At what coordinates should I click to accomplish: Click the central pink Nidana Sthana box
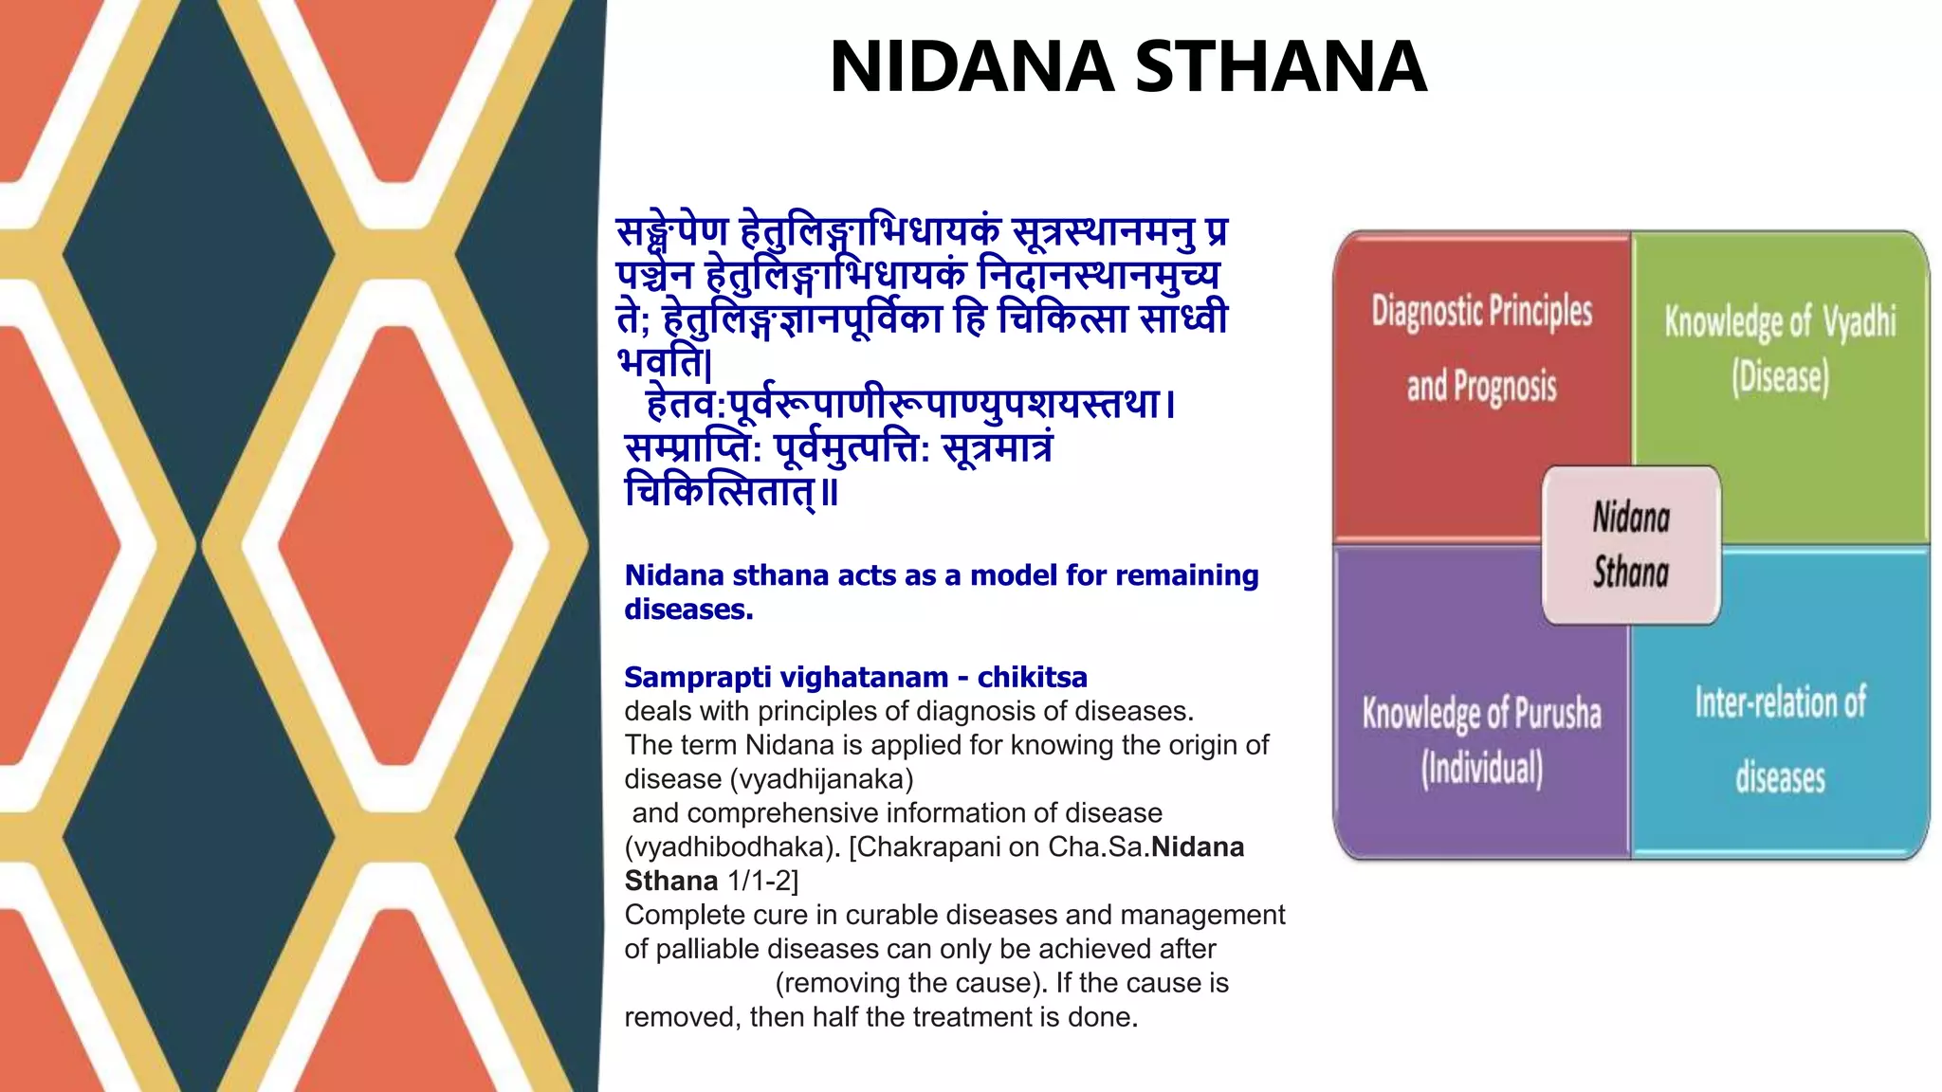[x=1631, y=545]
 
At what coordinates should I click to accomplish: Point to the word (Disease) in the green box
[x=1780, y=377]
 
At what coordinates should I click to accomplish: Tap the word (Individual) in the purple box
[x=1481, y=768]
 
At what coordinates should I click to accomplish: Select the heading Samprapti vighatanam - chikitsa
[x=855, y=677]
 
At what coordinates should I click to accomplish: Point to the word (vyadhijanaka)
[x=769, y=779]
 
